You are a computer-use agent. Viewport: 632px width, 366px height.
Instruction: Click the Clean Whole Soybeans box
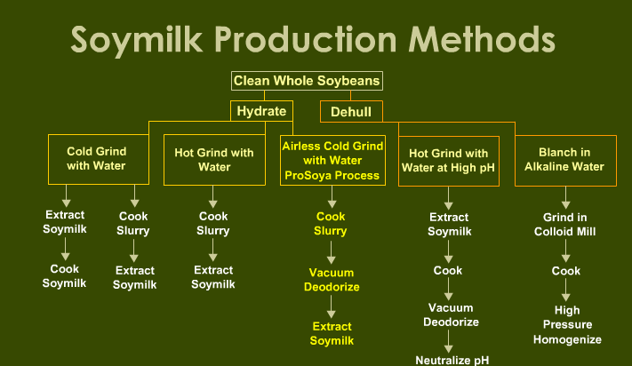[307, 81]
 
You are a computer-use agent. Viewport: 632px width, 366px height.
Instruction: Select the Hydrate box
[261, 111]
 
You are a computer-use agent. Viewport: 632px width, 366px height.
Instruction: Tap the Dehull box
[351, 112]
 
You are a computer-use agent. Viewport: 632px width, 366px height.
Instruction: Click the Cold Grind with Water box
[99, 159]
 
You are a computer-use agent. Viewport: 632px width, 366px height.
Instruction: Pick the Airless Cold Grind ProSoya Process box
[332, 160]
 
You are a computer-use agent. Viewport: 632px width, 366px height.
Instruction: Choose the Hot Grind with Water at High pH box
[449, 161]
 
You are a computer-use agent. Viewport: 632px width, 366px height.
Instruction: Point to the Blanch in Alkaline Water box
[565, 161]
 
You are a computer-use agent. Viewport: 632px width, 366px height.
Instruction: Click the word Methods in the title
[482, 39]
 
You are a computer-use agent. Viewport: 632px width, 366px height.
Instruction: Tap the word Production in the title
[305, 39]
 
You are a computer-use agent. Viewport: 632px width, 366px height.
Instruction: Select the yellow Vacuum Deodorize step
[332, 280]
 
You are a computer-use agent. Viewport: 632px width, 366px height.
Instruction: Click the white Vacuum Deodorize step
[451, 314]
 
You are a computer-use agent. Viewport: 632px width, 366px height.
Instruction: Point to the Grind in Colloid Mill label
[564, 224]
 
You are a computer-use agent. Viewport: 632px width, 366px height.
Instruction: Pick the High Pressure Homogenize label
[567, 324]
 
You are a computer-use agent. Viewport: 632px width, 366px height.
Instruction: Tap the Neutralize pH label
[452, 360]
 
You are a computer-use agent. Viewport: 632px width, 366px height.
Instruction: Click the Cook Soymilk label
[65, 275]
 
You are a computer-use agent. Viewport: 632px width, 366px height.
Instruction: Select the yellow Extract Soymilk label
[332, 333]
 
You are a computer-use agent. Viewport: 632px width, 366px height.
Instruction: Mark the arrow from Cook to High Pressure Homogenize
[565, 290]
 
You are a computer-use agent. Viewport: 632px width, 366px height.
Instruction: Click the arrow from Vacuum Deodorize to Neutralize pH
[448, 341]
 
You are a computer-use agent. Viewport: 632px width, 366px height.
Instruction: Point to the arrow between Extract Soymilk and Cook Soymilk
[65, 249]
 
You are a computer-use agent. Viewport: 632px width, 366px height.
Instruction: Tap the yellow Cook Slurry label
[331, 224]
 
